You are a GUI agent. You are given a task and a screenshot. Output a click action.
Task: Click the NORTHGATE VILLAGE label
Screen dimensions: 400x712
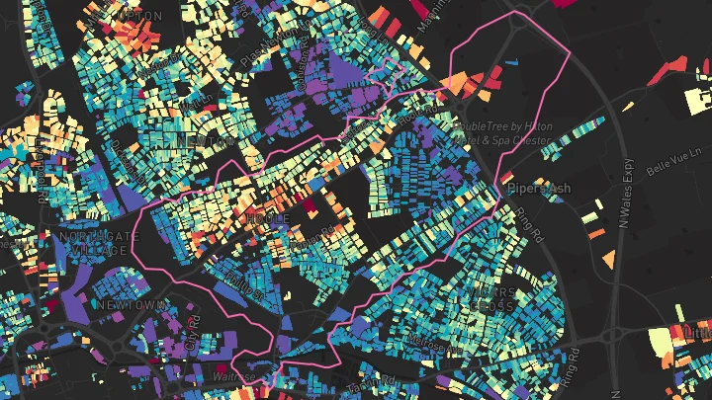(x=94, y=244)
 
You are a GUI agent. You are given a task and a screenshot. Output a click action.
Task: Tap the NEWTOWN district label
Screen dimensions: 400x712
(x=131, y=305)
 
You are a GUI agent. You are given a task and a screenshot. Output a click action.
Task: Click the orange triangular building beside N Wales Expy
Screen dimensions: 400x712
(x=609, y=259)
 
